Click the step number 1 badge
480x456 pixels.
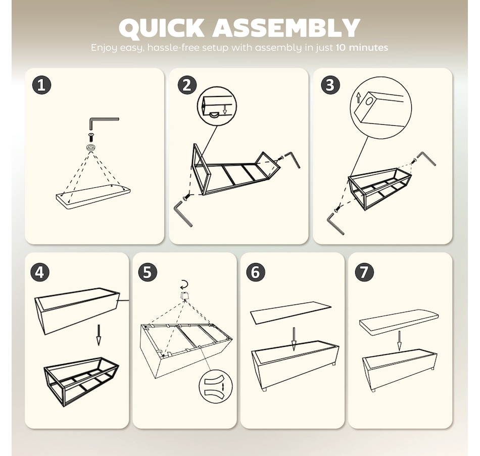tap(41, 85)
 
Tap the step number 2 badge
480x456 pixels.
tap(187, 85)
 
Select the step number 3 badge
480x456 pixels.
tap(330, 85)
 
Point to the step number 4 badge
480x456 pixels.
tap(40, 272)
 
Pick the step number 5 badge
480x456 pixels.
tap(148, 272)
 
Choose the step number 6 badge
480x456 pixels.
tap(256, 272)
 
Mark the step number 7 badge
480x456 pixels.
tap(364, 272)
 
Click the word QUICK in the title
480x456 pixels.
tap(161, 28)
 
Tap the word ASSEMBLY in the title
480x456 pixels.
tap(286, 28)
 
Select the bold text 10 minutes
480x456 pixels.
tap(362, 47)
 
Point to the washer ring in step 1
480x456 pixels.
tap(90, 147)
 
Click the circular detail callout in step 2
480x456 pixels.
tap(217, 106)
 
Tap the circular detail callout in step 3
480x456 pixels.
tap(381, 108)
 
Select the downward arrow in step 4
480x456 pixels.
tap(99, 335)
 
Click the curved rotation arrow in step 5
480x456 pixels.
tap(184, 285)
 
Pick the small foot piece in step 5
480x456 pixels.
tap(184, 296)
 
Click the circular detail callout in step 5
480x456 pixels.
tap(216, 386)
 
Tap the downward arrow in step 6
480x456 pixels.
tap(294, 339)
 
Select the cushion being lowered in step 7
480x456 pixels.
tap(399, 323)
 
